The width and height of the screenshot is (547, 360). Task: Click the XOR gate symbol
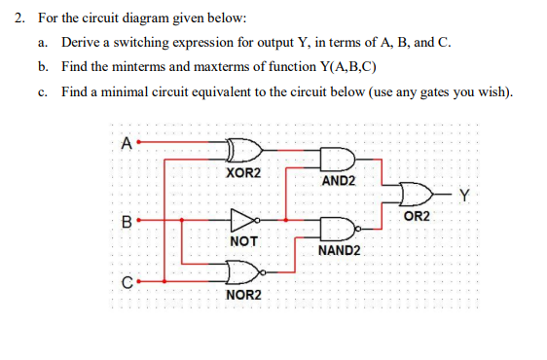[x=242, y=150]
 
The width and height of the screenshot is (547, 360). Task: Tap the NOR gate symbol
[x=242, y=270]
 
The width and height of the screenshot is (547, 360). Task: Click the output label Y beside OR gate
[x=464, y=194]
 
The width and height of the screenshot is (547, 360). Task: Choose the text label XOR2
[x=242, y=172]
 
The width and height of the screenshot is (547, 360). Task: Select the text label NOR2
[x=242, y=293]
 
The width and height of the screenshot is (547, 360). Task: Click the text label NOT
[x=242, y=239]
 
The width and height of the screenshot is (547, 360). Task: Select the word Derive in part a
[x=81, y=44]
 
